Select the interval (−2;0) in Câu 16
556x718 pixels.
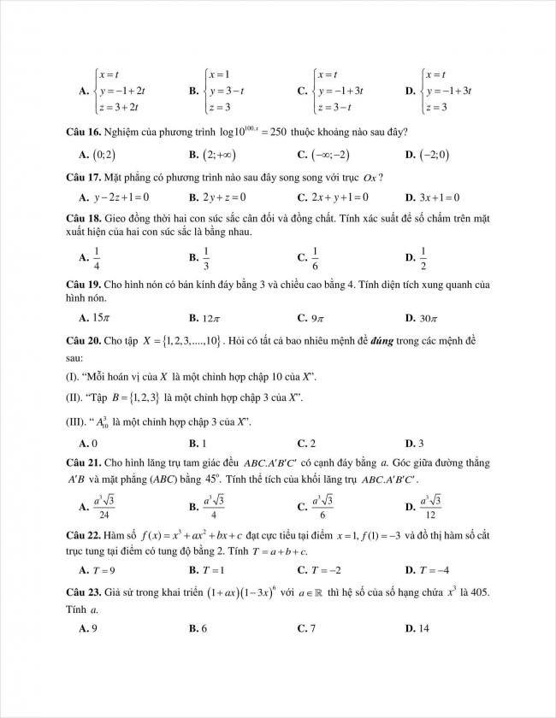pyautogui.click(x=435, y=155)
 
